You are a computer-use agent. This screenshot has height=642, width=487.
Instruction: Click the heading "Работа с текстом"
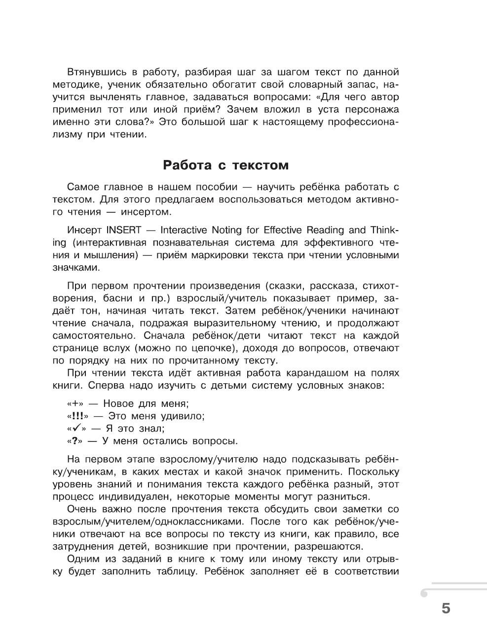click(225, 165)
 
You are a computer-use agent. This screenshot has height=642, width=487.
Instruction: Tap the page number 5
click(446, 608)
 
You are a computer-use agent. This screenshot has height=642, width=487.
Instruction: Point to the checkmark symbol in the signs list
click(76, 428)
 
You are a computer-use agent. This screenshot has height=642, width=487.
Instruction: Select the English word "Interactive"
click(186, 230)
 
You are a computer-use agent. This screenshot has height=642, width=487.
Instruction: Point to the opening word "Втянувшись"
click(93, 72)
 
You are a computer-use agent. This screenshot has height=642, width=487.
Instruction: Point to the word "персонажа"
click(374, 109)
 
